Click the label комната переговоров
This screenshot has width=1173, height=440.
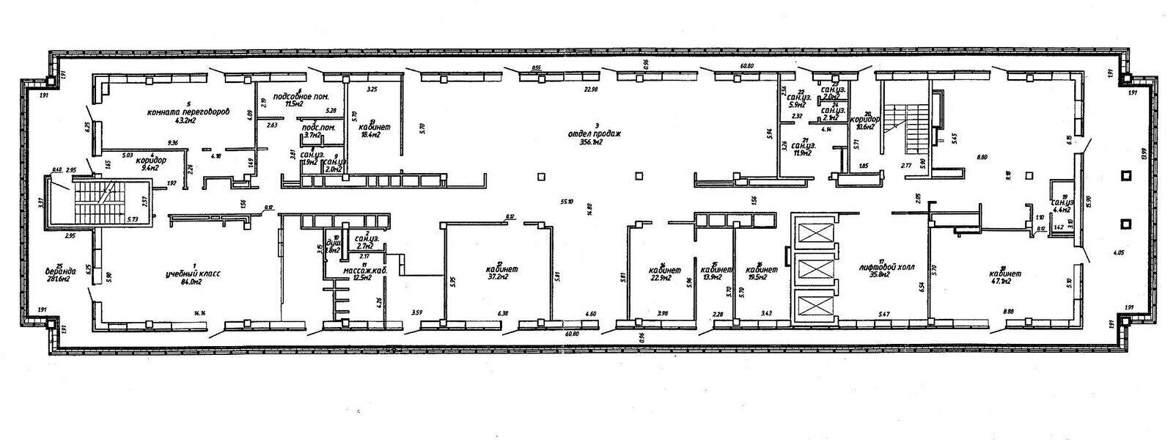[189, 112]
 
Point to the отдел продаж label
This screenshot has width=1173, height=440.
[594, 134]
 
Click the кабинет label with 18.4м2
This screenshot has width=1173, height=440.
[374, 127]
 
